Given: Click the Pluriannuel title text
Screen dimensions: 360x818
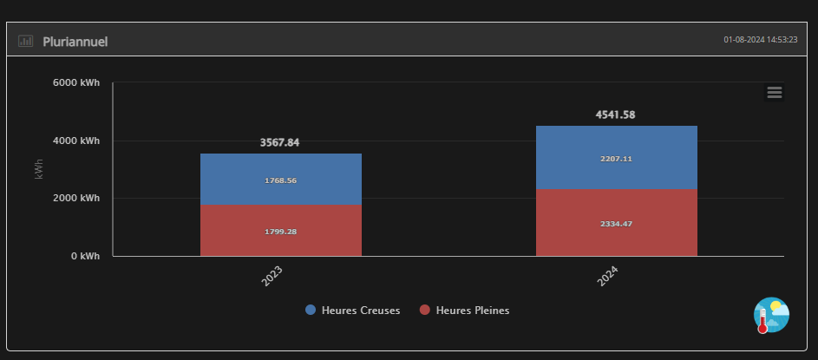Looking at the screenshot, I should pyautogui.click(x=75, y=42).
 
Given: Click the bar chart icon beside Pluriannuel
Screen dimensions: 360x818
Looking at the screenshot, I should pyautogui.click(x=25, y=42).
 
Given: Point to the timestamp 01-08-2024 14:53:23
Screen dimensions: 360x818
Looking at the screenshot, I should pyautogui.click(x=760, y=40).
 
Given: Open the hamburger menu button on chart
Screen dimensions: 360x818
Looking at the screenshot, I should pyautogui.click(x=775, y=93).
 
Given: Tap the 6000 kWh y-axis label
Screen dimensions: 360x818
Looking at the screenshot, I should pyautogui.click(x=75, y=83).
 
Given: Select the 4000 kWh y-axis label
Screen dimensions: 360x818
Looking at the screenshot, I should pyautogui.click(x=75, y=141).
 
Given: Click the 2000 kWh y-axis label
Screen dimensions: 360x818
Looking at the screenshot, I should pyautogui.click(x=75, y=198).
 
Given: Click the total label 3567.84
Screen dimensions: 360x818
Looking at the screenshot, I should pyautogui.click(x=279, y=142).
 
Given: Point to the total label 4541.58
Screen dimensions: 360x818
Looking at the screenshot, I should pyautogui.click(x=616, y=115).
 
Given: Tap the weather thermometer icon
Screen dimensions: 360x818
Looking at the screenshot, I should pyautogui.click(x=771, y=316).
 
